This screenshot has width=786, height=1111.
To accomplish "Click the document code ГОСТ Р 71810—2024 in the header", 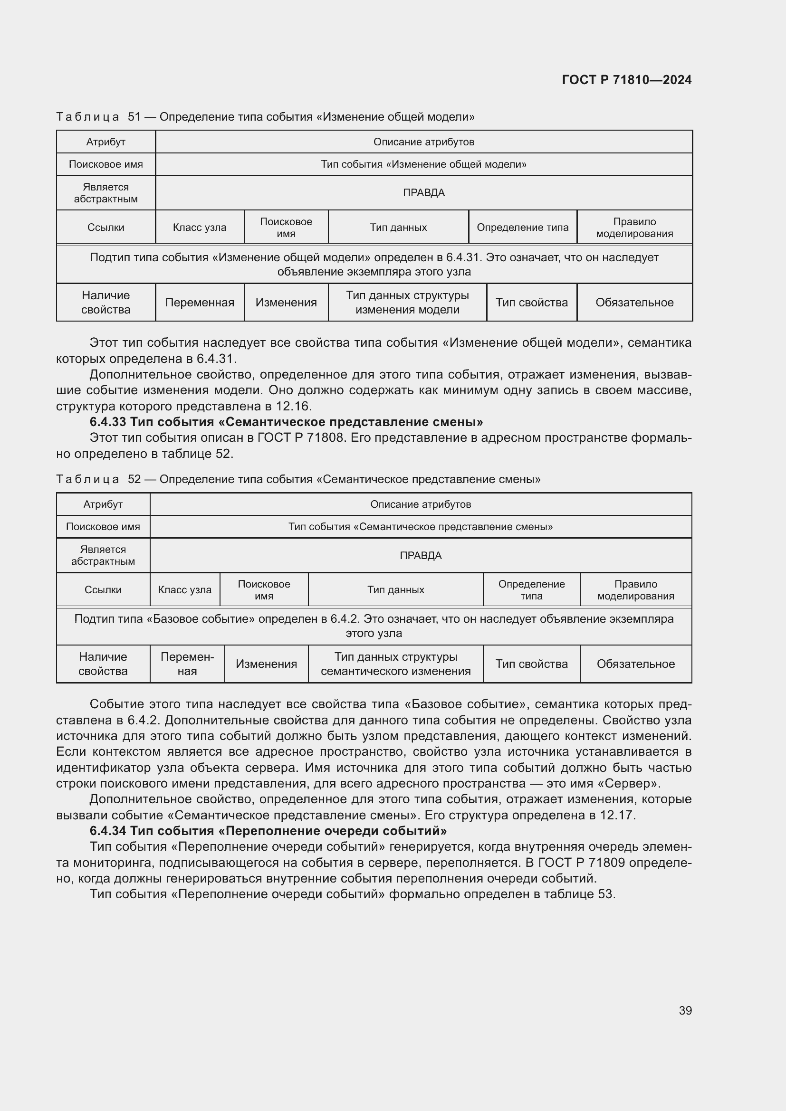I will click(x=626, y=80).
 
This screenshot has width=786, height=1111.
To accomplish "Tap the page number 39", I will click(x=685, y=1010).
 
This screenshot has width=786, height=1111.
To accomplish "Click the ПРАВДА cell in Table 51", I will click(x=423, y=192).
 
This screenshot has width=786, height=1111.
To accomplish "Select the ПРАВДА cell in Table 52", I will click(x=421, y=555).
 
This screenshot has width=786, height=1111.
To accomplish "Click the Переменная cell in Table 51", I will click(x=200, y=303).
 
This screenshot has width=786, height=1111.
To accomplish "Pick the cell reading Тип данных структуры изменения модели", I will click(x=407, y=303).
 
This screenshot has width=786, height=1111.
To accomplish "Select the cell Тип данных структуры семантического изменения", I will click(x=395, y=664).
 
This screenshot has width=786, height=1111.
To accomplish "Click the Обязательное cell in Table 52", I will click(x=635, y=664).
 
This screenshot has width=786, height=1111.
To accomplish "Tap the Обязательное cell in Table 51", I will click(x=634, y=303).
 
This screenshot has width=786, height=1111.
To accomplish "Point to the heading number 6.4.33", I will click(x=108, y=422).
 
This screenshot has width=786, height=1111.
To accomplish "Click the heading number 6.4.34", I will click(x=108, y=831).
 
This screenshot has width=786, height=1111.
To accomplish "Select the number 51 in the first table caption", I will click(x=134, y=117).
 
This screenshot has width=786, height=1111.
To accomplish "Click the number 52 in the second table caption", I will click(x=134, y=479).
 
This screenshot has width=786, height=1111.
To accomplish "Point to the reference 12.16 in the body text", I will click(x=294, y=406).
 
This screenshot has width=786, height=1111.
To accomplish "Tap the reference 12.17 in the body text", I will click(x=617, y=816).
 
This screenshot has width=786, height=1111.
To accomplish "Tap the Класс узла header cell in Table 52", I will click(x=184, y=590).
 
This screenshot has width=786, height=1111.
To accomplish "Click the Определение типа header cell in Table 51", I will click(x=522, y=228).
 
